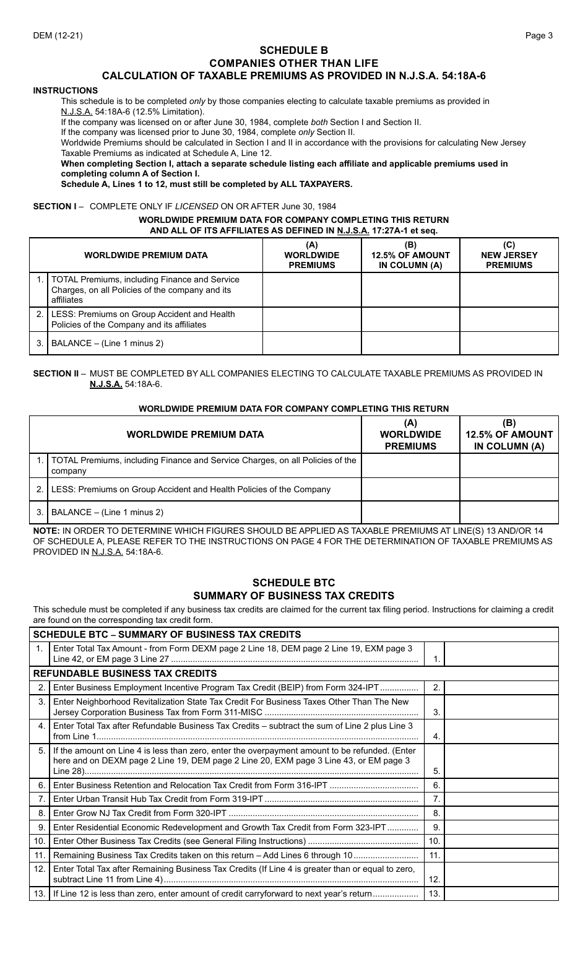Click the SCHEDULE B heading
[293, 50]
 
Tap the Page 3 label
[538, 35]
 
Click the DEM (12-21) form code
[58, 35]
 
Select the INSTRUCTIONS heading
[66, 90]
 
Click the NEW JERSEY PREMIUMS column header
[509, 255]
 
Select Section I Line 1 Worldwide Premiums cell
[312, 290]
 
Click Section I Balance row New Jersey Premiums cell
[509, 343]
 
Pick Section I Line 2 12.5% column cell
[410, 319]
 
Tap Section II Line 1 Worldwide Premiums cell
[410, 466]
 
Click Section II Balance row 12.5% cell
[509, 512]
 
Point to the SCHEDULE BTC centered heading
[293, 583]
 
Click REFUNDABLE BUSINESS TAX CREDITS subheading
[125, 674]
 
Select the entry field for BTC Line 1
[501, 654]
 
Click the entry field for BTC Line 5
[501, 761]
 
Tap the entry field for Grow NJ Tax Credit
[501, 813]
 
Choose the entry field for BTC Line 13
[501, 893]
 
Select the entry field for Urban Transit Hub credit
[501, 799]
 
